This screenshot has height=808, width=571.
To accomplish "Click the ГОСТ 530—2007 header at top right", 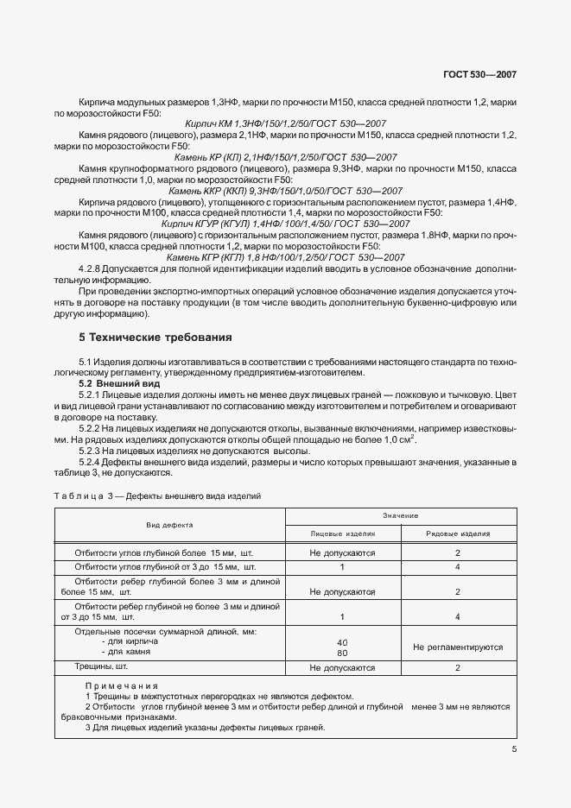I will (480, 75).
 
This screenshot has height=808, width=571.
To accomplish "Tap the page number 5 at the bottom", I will (514, 749).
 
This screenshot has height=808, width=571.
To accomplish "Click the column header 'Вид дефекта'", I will (169, 524).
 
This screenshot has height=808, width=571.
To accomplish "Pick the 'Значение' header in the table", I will (402, 514).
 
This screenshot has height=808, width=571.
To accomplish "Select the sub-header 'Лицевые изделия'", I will (342, 533).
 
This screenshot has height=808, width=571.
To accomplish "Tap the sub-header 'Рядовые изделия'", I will (458, 533).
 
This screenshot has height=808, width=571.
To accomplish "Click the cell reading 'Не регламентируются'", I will (458, 647).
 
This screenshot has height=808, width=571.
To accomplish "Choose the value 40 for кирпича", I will (342, 642).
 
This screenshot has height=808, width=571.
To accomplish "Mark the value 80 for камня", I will (342, 653).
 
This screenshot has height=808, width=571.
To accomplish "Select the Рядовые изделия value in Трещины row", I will (458, 667).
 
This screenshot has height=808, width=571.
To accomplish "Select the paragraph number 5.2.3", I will (92, 451).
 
